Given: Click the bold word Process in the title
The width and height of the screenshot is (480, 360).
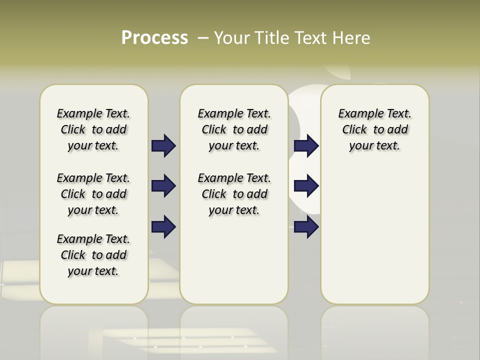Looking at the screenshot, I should [154, 37].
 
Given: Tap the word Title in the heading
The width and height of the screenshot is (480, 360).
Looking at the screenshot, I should [274, 37].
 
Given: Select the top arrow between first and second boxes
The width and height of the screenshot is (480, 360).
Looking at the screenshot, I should [163, 145].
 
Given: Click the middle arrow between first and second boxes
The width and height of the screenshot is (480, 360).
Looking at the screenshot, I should [163, 186].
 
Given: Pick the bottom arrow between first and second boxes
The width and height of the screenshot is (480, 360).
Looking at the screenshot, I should [163, 227].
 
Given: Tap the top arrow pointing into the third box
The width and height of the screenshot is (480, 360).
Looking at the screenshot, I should [306, 145].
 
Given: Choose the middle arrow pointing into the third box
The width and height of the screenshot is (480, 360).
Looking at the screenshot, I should [306, 186].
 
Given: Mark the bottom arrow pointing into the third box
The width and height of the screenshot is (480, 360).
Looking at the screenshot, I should [306, 227].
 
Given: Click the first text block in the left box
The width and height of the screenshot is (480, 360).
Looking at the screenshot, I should [93, 129].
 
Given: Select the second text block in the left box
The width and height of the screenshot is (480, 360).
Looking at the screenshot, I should [93, 194].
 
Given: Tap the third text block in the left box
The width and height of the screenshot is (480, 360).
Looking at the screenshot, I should [93, 255].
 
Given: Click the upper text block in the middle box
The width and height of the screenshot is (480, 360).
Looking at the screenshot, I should [234, 129].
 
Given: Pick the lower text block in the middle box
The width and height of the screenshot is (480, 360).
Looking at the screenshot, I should [234, 194].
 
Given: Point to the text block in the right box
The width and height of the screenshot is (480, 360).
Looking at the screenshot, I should [375, 129].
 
